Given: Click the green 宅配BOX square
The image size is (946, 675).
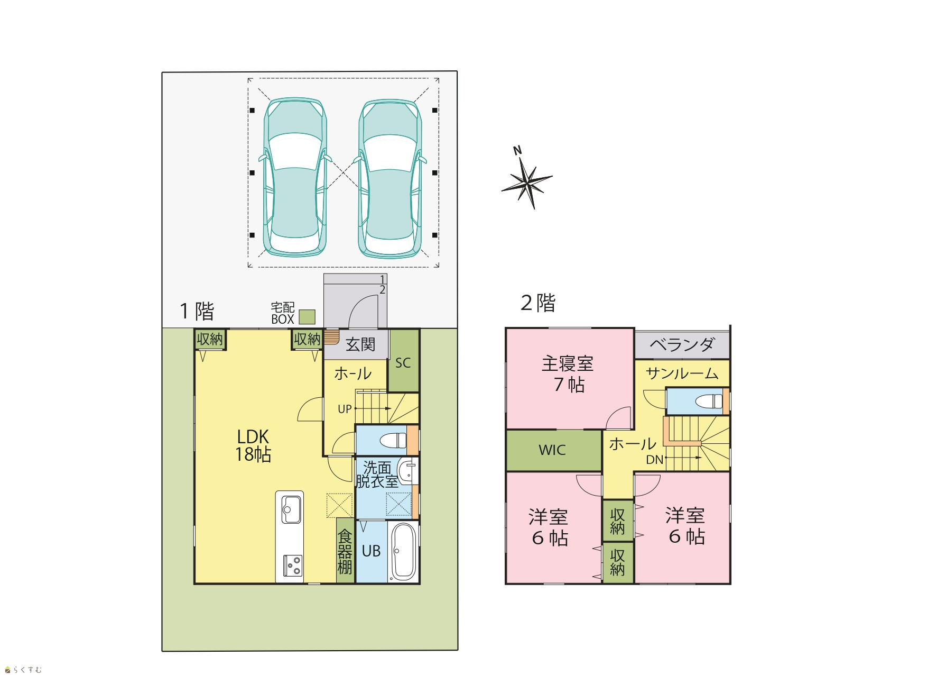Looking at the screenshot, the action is [307, 317].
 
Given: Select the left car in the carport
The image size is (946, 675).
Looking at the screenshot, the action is [295, 178].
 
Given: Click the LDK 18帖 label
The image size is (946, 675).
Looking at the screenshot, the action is [253, 445].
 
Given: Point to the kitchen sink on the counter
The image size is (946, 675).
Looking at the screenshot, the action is [291, 509].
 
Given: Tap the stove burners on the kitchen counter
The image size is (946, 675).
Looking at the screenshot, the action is [292, 565].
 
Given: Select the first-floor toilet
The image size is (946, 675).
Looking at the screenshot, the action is [393, 440].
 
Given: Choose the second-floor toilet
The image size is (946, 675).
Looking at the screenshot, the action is [709, 401].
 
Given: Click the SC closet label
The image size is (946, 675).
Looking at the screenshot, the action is [403, 363].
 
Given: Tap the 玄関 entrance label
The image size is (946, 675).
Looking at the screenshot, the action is [360, 345].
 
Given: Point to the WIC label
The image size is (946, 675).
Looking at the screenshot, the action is [552, 450].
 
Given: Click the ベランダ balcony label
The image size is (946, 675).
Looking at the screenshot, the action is [682, 345].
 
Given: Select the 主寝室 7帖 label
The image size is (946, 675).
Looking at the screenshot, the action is [568, 373].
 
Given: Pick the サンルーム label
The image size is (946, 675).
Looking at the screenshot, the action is [682, 373].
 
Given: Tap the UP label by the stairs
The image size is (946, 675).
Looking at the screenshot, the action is [345, 409].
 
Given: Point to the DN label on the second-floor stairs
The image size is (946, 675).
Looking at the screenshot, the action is [655, 460].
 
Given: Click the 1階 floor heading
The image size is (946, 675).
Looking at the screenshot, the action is [197, 311].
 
